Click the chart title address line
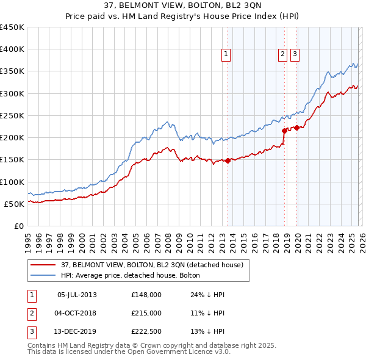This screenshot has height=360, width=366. coord(183,6)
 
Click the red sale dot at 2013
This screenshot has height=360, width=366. coord(228,160)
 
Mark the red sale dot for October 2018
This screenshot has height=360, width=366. coord(284,131)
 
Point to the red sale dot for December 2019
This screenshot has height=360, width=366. coord(297,128)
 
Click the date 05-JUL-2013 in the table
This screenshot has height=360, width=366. coord(77,295)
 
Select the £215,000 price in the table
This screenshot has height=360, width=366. coord(146,313)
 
